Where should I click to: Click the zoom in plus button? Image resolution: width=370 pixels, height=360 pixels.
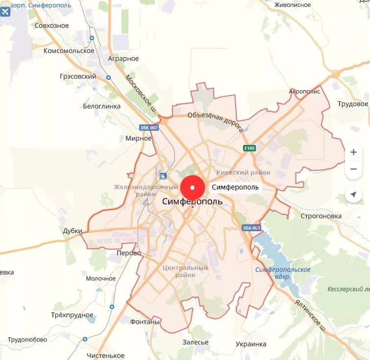point(353,152)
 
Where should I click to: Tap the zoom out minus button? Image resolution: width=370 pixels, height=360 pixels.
point(353,169)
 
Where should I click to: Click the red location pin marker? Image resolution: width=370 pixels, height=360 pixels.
point(193,187)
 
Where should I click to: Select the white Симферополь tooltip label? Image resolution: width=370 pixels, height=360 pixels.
point(235,187)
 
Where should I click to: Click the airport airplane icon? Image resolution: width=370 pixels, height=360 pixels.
point(6,12)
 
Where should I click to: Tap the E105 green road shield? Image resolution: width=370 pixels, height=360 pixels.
point(249,148)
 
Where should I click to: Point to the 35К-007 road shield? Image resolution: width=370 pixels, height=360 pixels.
point(149,128)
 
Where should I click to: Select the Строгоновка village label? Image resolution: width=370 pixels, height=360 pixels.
point(321,216)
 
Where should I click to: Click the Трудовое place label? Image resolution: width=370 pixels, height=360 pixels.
point(353,104)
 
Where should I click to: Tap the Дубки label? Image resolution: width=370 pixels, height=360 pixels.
point(73,231)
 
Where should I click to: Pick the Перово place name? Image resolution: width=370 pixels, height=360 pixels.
point(129,253)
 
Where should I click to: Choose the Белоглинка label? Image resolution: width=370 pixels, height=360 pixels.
point(101,106)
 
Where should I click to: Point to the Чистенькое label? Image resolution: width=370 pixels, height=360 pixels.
point(105,355)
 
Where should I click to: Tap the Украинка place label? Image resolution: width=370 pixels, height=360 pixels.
point(251,344)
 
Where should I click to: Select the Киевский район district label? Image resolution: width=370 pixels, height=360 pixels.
point(244,172)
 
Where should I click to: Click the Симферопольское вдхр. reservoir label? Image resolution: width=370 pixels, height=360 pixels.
point(283,273)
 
